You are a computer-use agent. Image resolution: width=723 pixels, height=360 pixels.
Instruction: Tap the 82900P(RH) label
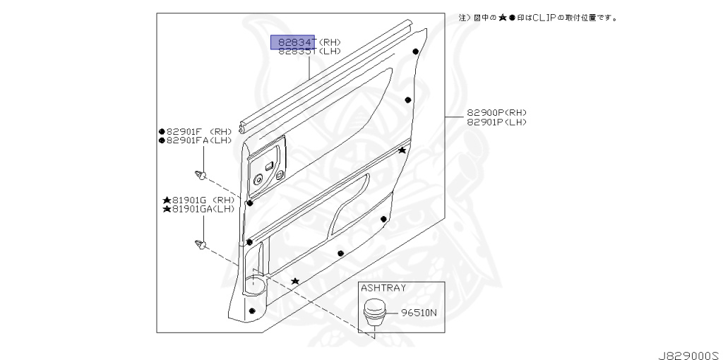pyautogui.click(x=496, y=113)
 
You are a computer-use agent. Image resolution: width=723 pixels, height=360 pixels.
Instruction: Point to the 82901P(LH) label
pyautogui.click(x=496, y=122)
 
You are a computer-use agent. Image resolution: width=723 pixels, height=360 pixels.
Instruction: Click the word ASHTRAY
pyautogui.click(x=381, y=288)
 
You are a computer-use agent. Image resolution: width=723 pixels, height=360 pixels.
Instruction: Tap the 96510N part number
pyautogui.click(x=419, y=312)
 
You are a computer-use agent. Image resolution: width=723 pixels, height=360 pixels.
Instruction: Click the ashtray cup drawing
pyautogui.click(x=376, y=312)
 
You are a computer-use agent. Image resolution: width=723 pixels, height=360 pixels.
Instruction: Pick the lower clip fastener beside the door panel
pyautogui.click(x=201, y=245)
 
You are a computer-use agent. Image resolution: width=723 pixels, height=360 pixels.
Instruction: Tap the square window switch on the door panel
pyautogui.click(x=269, y=166)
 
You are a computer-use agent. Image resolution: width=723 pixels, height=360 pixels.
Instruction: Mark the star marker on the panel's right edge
pyautogui.click(x=402, y=150)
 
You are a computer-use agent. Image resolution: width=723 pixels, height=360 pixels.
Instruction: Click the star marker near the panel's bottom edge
pyautogui.click(x=295, y=282)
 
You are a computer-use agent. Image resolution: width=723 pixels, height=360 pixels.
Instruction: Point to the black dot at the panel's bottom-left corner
pyautogui.click(x=252, y=311)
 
